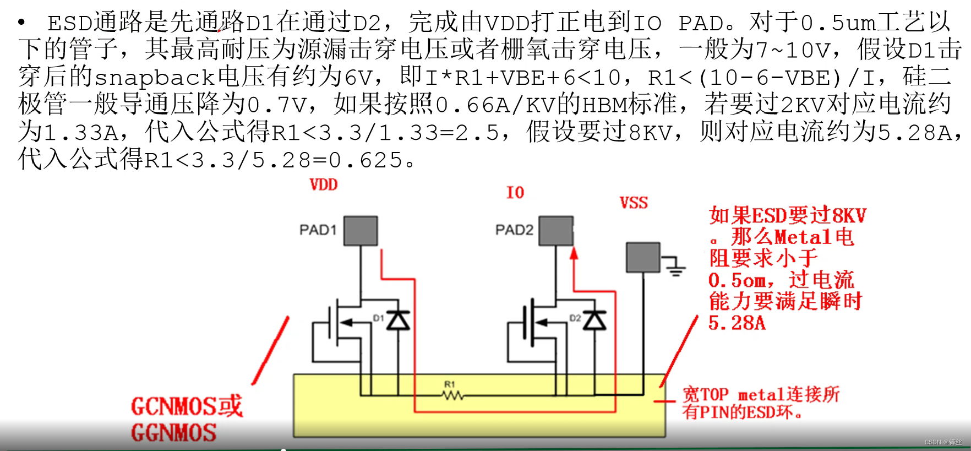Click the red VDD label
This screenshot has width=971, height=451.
pyautogui.click(x=324, y=184)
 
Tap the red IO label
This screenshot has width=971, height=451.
pyautogui.click(x=515, y=193)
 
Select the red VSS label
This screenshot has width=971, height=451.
pyautogui.click(x=634, y=203)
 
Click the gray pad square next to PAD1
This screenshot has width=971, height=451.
pyautogui.click(x=361, y=231)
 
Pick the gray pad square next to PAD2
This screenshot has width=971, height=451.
pyautogui.click(x=556, y=231)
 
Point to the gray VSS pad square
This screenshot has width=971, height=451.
pyautogui.click(x=643, y=257)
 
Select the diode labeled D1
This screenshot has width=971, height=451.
pyautogui.click(x=397, y=320)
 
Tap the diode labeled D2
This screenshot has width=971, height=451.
pyautogui.click(x=594, y=320)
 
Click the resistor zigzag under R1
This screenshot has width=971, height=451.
pyautogui.click(x=452, y=395)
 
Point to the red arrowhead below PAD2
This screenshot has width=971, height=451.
pyautogui.click(x=574, y=253)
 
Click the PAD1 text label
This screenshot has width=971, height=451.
pyautogui.click(x=318, y=230)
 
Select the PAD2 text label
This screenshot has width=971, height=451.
pyautogui.click(x=514, y=230)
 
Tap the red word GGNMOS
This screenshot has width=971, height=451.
pyautogui.click(x=173, y=433)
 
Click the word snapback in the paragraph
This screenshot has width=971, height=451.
pyautogui.click(x=155, y=78)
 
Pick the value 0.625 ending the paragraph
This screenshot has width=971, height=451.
pyautogui.click(x=366, y=160)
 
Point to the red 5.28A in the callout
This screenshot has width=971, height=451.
pyautogui.click(x=737, y=323)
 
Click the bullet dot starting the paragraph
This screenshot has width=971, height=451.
pyautogui.click(x=21, y=23)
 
